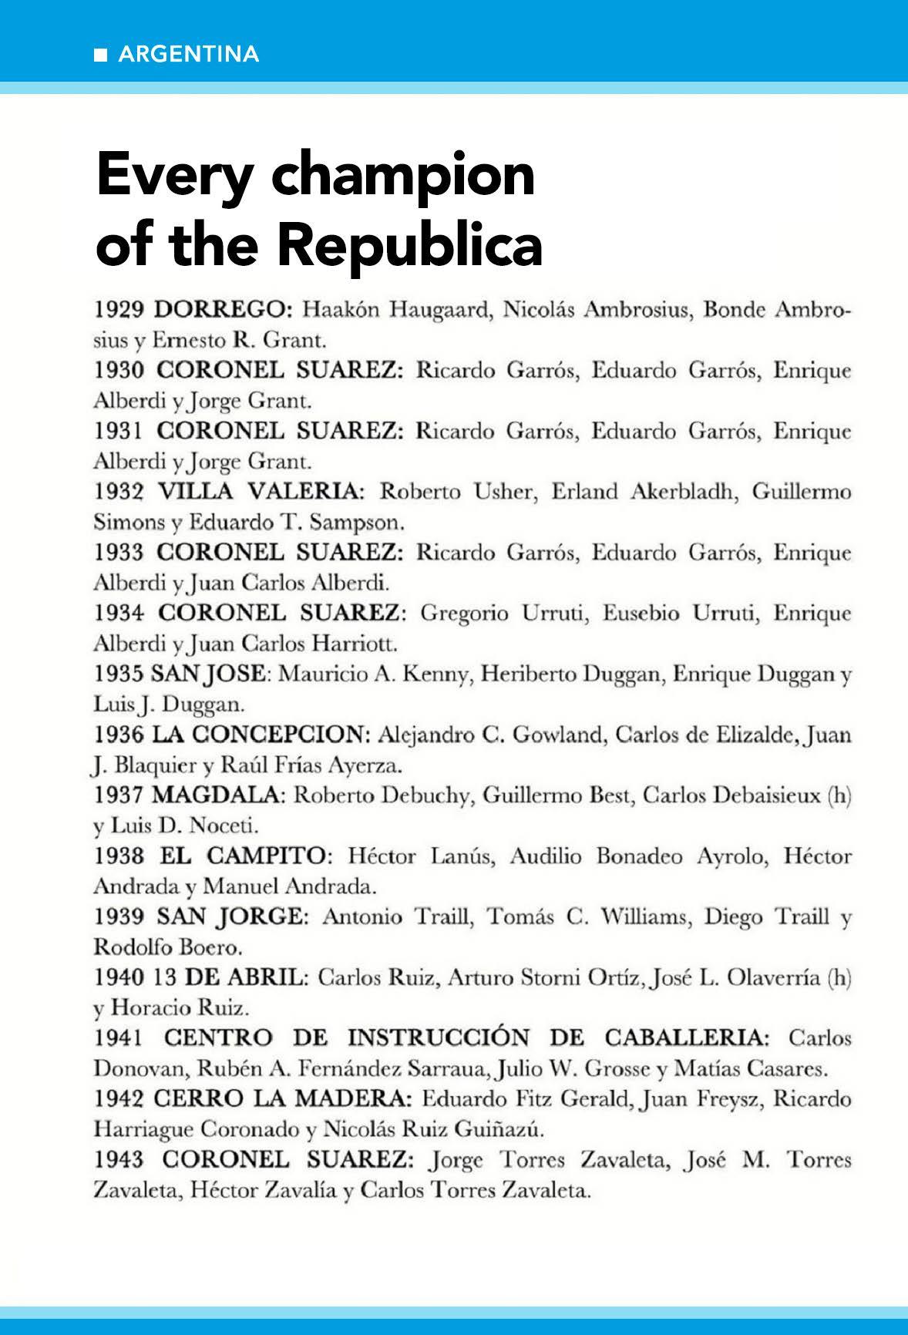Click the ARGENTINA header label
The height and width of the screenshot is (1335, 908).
(189, 55)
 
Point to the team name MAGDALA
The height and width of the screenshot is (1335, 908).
(219, 795)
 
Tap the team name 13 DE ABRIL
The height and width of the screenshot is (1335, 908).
(230, 977)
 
